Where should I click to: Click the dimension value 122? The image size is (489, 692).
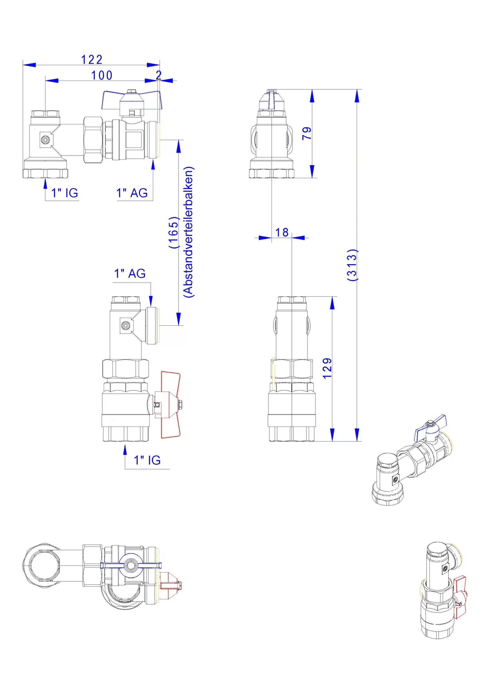coord(92,59)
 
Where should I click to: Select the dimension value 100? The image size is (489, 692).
coord(102,75)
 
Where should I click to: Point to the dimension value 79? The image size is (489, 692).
coord(307,133)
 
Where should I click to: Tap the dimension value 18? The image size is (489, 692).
coord(282,232)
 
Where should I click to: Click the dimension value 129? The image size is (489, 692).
coord(327,368)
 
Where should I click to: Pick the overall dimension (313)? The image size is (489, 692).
coord(352,265)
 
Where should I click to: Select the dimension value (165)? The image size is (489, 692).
coord(174,232)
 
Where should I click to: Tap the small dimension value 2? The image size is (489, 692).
coord(159,75)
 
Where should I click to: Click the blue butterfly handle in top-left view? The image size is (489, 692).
coord(132,100)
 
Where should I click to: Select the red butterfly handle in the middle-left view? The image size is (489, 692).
coord(170,404)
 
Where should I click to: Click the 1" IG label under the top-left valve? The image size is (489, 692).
coord(65,193)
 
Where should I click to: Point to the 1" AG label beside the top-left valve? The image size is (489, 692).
coord(132,193)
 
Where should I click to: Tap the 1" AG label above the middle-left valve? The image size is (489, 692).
coord(130,273)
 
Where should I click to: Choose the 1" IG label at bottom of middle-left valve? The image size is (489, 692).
coord(147,460)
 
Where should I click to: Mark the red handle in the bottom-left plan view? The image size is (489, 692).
coord(170,585)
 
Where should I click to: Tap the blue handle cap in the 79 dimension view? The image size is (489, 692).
coord(272,100)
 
